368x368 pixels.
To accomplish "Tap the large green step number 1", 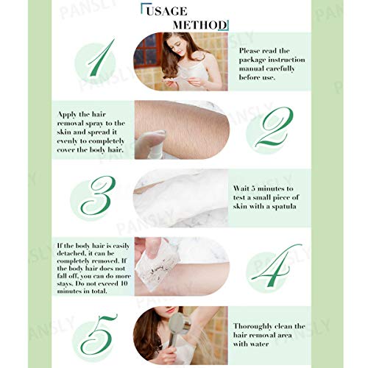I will [x=102, y=60].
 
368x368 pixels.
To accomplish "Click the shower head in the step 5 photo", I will [x=178, y=326].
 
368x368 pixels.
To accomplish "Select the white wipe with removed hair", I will [x=160, y=265].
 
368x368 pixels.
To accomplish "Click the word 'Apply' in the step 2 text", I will [x=69, y=114].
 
